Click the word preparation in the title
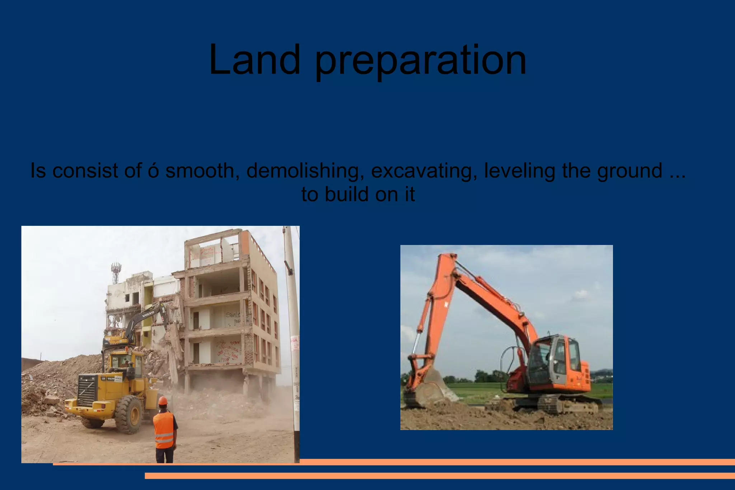click(x=421, y=61)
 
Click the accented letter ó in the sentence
click(x=153, y=171)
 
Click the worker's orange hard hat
click(x=163, y=401)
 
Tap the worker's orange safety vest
click(x=164, y=429)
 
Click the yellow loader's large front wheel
click(x=128, y=415)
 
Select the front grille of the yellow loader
click(x=87, y=391)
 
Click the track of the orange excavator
click(x=571, y=405)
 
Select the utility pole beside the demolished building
click(x=292, y=323)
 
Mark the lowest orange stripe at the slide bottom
click(x=440, y=476)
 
